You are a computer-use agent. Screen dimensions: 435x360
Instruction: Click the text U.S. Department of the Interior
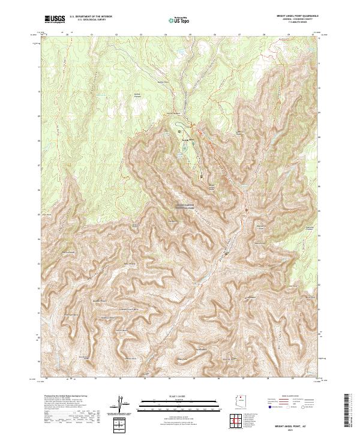point(91,16)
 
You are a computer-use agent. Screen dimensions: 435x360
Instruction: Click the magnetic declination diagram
point(121,404)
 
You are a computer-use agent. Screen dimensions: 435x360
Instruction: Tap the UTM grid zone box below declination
point(121,425)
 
